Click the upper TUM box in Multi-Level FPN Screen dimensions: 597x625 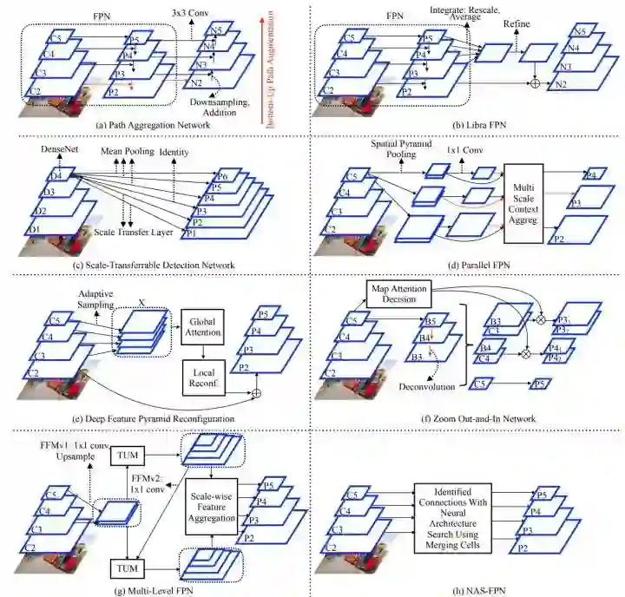(128, 455)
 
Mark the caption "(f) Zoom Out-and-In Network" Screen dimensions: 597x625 (467, 419)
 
